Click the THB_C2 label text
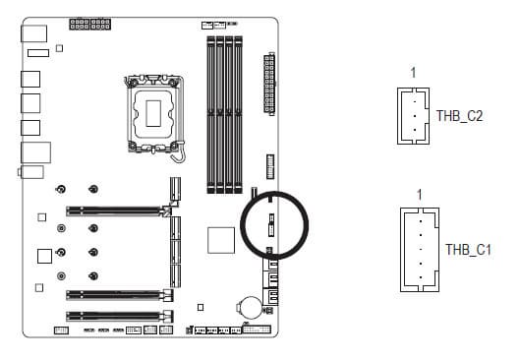[x=459, y=116]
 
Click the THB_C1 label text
[x=468, y=250]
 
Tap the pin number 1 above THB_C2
[x=413, y=73]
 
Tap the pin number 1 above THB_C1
[x=420, y=195]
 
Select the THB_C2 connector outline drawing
[x=398, y=116]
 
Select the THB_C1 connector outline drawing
[x=401, y=250]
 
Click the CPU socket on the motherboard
[x=153, y=114]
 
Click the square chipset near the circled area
[x=221, y=240]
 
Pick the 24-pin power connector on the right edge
[x=269, y=84]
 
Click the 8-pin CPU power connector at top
[x=89, y=25]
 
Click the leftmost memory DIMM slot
[x=211, y=115]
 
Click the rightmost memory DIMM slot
[x=238, y=115]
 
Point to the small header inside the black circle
[x=271, y=225]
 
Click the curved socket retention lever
[x=180, y=151]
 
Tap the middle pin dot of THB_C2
[x=415, y=116]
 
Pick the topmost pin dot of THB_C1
[x=421, y=221]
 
